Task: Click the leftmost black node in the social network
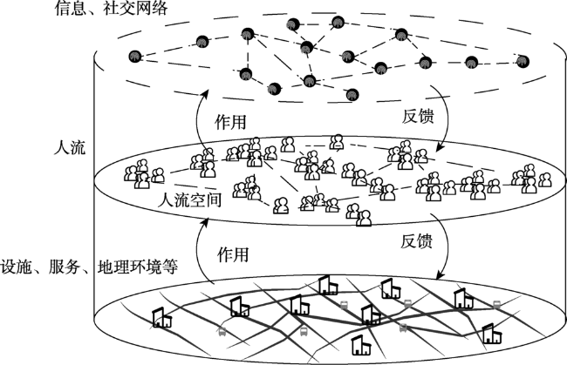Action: pos(134,57)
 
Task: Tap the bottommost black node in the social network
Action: pos(274,87)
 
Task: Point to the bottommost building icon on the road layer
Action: pos(358,344)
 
